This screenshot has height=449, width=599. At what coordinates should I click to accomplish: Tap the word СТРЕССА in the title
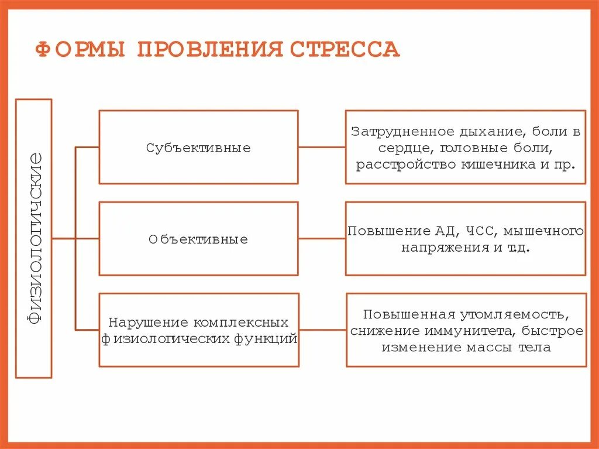346,50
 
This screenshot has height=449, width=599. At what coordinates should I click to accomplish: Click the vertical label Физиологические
34,238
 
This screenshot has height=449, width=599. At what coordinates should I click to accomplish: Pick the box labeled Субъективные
198,148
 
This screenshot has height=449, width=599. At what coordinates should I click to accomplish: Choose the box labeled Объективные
198,239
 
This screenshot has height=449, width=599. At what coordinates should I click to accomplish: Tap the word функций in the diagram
263,338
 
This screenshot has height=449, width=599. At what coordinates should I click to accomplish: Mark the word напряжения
443,247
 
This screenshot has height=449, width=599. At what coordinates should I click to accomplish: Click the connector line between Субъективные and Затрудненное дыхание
322,148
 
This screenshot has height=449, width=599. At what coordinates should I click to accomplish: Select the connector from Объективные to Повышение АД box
322,239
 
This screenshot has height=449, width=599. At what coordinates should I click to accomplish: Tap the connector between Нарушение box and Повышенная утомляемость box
322,330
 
